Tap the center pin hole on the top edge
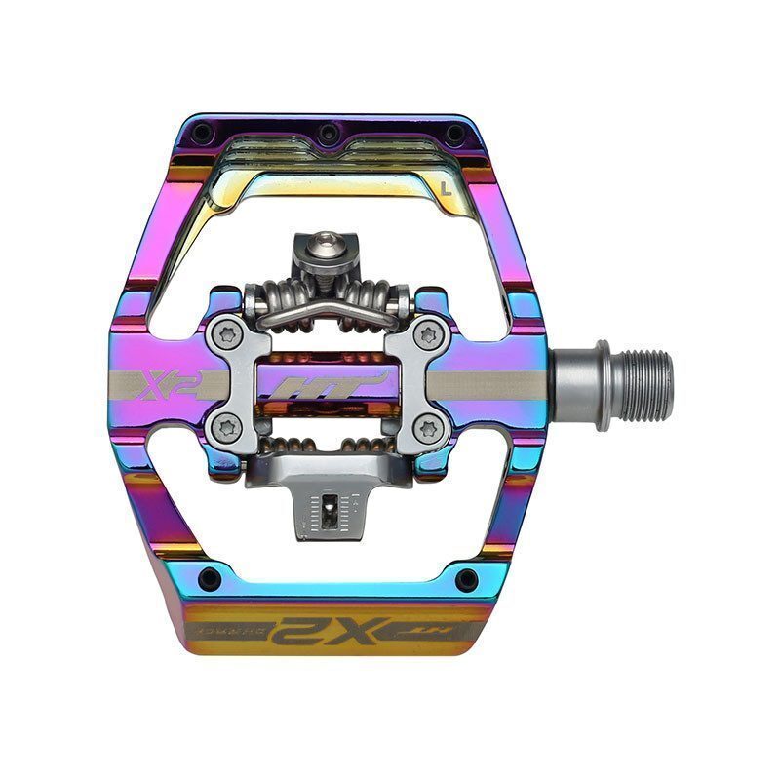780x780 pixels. (329, 130)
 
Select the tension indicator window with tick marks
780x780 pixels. (329, 510)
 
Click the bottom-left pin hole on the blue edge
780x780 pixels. (209, 578)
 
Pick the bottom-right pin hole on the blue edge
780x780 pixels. (466, 578)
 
